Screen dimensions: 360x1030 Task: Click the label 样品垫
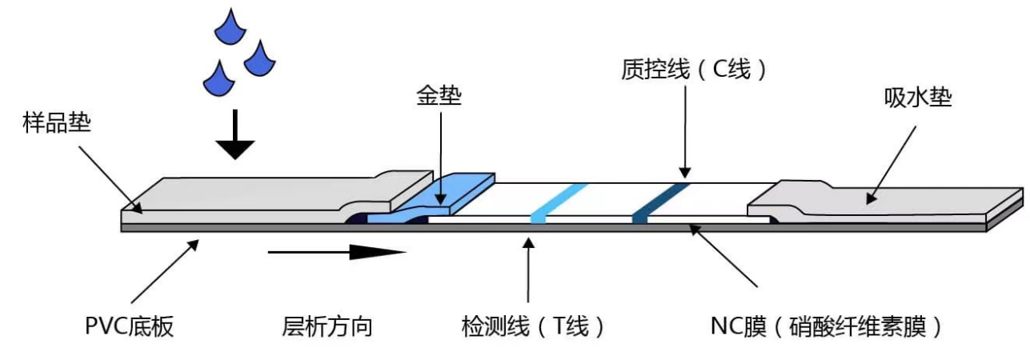pyautogui.click(x=57, y=125)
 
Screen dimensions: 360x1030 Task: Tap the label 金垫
pyautogui.click(x=439, y=96)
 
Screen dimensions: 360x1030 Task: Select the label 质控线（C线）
pyautogui.click(x=694, y=70)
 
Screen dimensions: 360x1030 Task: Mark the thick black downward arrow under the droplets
pyautogui.click(x=234, y=138)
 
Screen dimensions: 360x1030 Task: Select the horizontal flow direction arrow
pyautogui.click(x=336, y=253)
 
